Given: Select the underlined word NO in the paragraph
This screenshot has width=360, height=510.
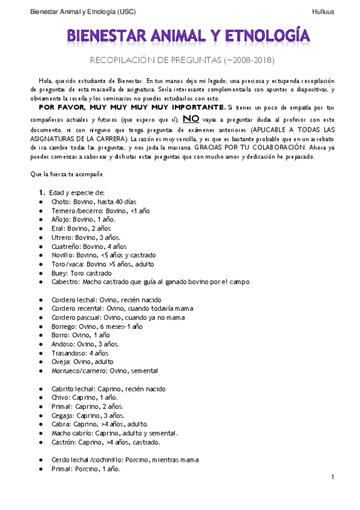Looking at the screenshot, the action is tap(191, 118).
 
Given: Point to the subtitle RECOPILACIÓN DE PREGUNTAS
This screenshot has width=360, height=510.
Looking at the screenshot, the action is tap(155, 61).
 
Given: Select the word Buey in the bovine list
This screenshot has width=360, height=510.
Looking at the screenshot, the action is tap(59, 272).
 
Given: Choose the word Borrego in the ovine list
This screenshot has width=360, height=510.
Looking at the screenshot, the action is tap(64, 326).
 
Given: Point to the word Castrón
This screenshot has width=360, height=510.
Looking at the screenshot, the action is tap(64, 442).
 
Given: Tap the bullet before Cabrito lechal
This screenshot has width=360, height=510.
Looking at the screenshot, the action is tap(40, 389).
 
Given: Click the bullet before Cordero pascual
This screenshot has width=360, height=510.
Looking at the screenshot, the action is tap(40, 317).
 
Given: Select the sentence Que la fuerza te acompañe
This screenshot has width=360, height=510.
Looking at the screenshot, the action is tap(67, 174).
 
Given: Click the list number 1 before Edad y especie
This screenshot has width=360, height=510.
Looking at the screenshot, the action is tap(41, 192).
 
